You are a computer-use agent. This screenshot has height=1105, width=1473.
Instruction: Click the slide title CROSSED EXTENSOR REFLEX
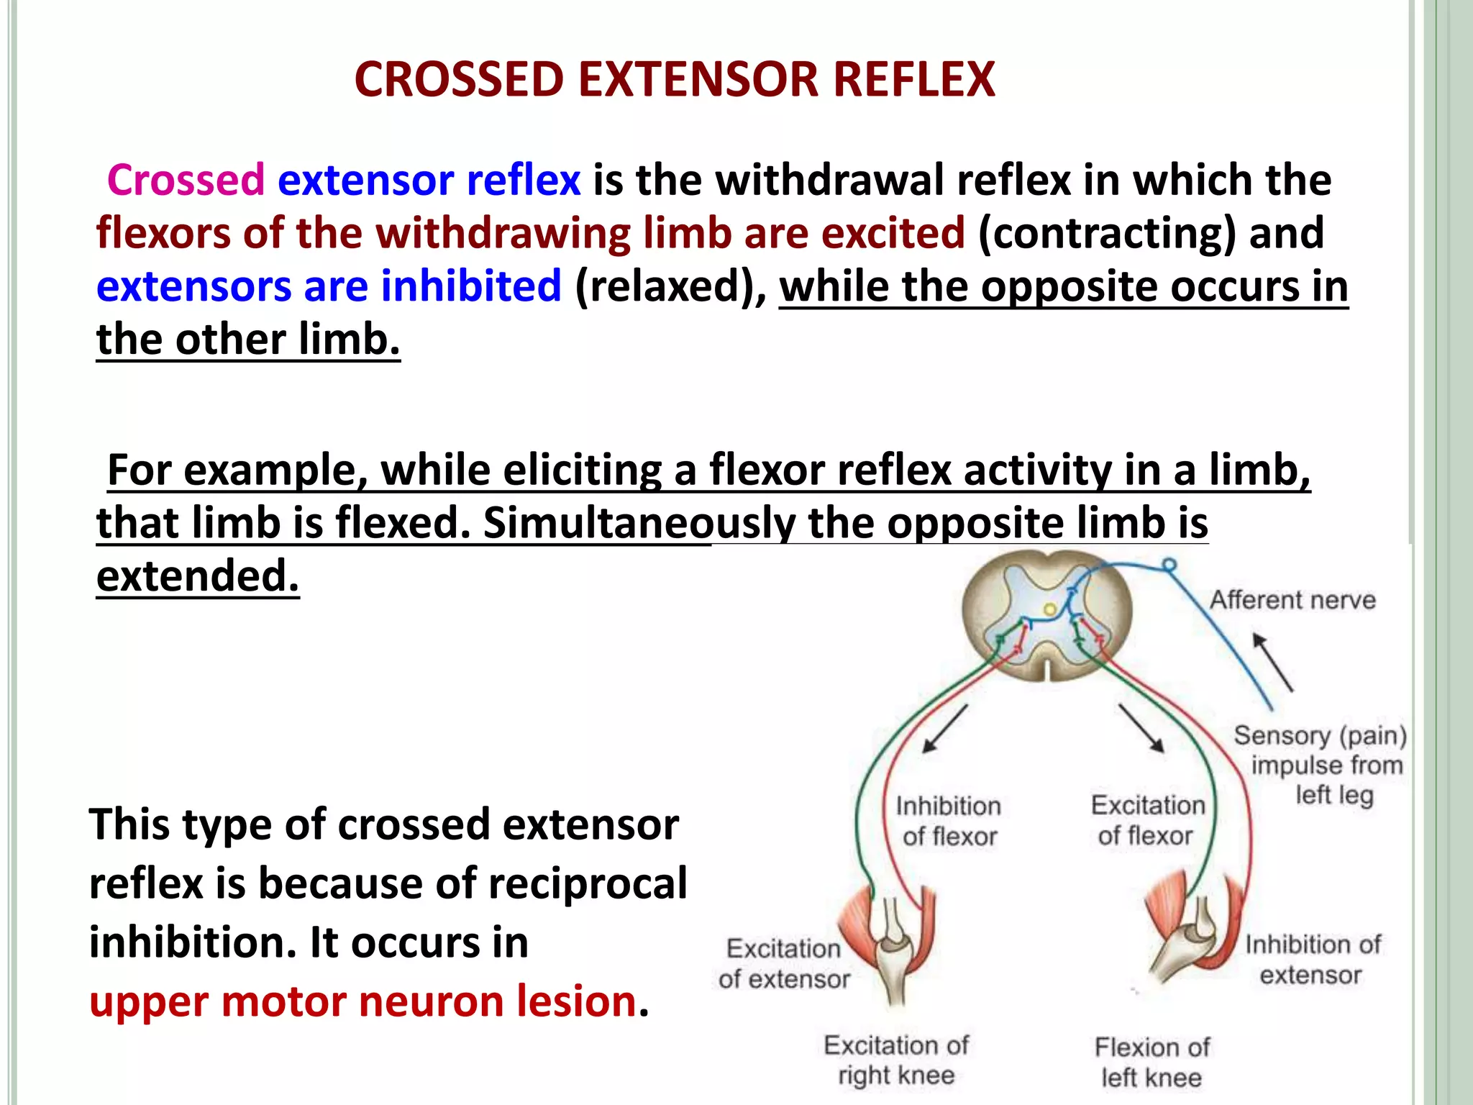675,79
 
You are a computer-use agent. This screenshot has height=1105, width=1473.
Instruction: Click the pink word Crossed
186,180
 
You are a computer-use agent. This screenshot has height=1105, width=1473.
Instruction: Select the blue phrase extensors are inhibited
329,286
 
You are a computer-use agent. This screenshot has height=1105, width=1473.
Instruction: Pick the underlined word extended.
197,576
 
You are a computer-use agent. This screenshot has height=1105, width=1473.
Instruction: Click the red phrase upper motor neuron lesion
363,1001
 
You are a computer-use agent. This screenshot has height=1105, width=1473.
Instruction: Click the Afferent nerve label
1292,600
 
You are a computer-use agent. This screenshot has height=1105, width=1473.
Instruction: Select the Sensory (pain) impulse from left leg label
1321,765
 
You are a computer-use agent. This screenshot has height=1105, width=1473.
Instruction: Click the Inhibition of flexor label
949,822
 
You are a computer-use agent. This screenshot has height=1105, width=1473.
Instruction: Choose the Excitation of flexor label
1147,821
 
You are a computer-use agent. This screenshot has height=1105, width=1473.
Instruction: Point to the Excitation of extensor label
784,964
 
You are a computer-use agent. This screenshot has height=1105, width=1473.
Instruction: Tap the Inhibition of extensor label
1312,960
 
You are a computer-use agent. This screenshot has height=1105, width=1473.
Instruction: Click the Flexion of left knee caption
1152,1062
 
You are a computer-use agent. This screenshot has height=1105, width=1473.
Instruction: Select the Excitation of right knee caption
896,1060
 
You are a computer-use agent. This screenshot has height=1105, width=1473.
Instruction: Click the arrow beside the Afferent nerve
1272,662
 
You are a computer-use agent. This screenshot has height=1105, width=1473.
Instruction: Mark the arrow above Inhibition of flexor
945,728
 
